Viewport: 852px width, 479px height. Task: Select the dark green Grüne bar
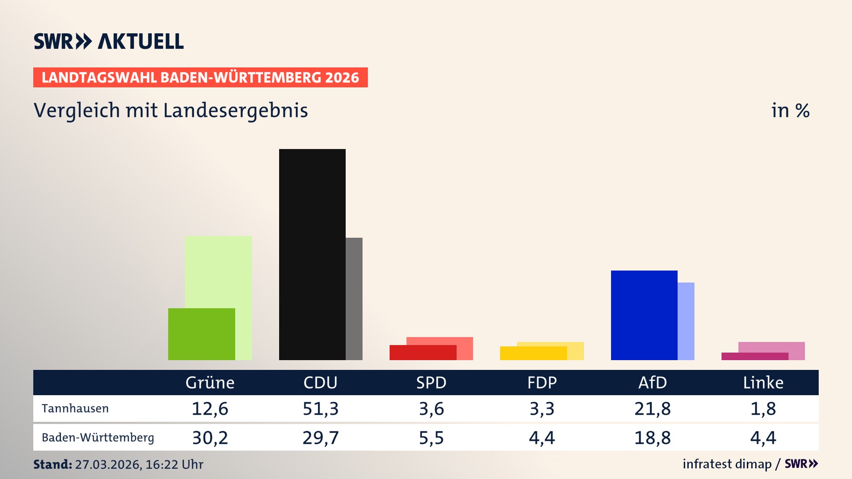(201, 334)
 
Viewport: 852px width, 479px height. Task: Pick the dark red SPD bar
(423, 353)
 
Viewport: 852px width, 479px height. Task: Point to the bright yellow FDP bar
(533, 353)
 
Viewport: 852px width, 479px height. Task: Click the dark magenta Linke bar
(755, 356)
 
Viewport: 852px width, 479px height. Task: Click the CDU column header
(320, 382)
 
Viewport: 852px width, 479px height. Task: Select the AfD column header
(652, 382)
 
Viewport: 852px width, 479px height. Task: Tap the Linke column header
(763, 382)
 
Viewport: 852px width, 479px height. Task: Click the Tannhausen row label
(75, 408)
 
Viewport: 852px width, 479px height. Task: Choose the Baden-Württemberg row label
(98, 437)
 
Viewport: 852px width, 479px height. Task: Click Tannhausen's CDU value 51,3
(320, 408)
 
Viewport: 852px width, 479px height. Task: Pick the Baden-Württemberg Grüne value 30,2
(210, 438)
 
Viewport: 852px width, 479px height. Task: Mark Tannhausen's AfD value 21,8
(652, 408)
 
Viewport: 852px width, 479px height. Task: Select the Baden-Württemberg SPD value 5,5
(431, 438)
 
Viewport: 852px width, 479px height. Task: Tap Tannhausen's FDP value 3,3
(542, 408)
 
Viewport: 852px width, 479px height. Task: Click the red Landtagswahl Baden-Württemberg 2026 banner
(200, 78)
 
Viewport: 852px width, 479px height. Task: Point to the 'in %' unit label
(790, 110)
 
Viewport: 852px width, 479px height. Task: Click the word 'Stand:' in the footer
(52, 464)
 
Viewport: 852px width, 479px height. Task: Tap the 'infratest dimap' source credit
(727, 464)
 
